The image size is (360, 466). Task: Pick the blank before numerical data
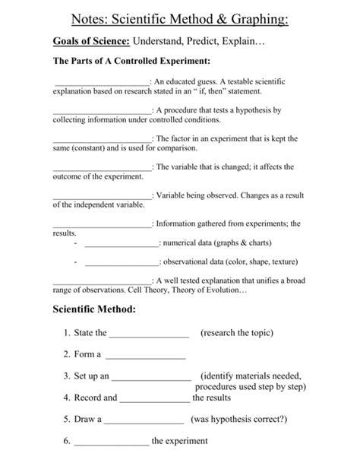point(122,244)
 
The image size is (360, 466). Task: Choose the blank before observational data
point(122,263)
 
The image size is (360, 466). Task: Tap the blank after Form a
point(145,355)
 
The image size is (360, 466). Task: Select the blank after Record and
point(154,398)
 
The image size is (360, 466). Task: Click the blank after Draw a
point(144,419)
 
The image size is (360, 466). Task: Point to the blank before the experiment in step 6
point(111,441)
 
